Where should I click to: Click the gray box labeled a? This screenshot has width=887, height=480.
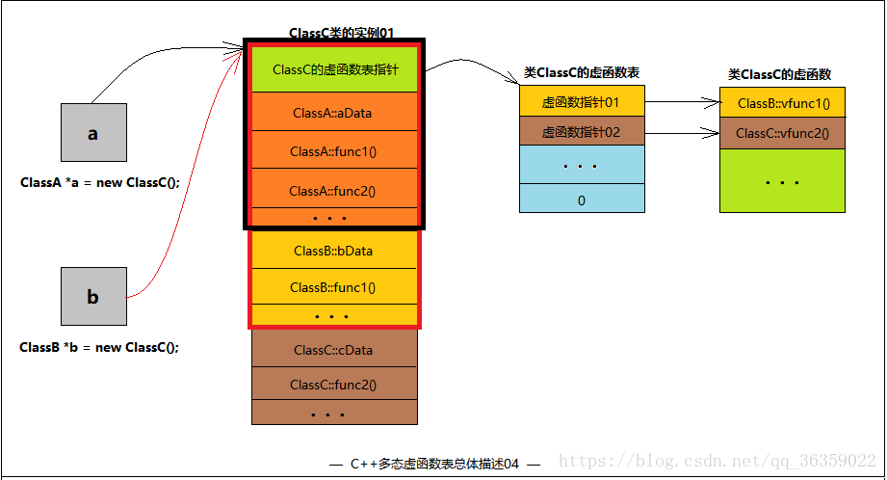click(92, 133)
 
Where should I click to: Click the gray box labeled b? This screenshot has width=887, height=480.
click(92, 297)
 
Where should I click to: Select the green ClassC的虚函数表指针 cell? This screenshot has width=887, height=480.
click(334, 69)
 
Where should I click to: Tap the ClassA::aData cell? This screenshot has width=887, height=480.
click(333, 113)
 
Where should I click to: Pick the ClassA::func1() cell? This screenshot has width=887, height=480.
click(333, 151)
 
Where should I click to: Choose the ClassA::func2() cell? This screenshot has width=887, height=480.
click(333, 190)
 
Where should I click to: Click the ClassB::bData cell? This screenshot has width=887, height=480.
click(333, 251)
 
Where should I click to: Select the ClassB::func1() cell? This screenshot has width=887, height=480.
click(333, 287)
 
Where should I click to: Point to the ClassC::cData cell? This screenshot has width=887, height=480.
click(333, 350)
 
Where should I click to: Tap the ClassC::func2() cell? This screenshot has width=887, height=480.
click(333, 385)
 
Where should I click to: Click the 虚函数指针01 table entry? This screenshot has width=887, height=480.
click(581, 101)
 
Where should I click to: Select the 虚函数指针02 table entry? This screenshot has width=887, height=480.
click(581, 132)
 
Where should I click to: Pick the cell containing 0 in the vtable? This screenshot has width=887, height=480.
click(581, 200)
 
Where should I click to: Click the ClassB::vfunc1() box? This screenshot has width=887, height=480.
click(783, 102)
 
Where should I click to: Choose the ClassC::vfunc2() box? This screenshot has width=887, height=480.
click(783, 133)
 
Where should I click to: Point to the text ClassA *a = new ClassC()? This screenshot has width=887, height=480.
click(99, 182)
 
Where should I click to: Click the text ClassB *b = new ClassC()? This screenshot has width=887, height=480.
click(99, 347)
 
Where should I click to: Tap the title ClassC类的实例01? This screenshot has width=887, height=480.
click(342, 33)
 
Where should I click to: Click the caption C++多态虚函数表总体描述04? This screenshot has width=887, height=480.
click(434, 464)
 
